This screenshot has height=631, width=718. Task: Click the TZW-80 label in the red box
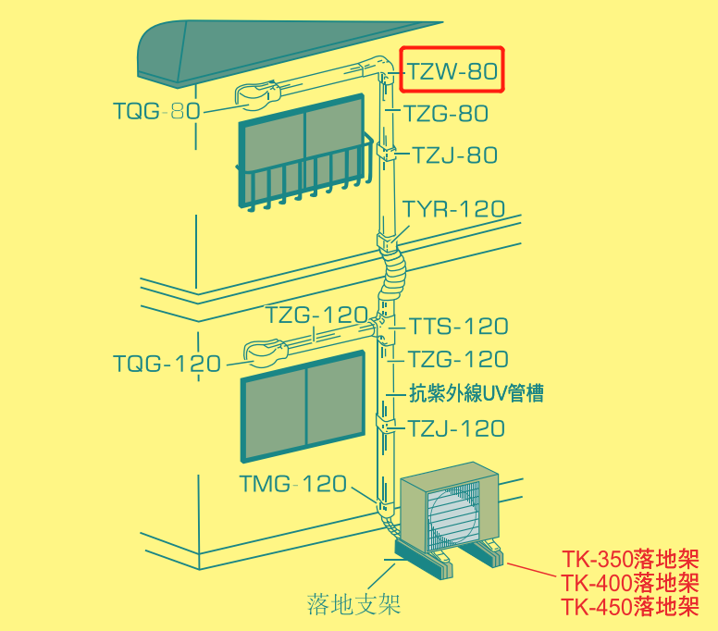pyautogui.click(x=452, y=71)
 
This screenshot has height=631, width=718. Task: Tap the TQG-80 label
pyautogui.click(x=156, y=111)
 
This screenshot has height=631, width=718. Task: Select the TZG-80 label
pyautogui.click(x=446, y=113)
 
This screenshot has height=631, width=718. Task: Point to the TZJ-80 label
pyautogui.click(x=454, y=155)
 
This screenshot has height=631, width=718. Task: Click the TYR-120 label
pyautogui.click(x=453, y=209)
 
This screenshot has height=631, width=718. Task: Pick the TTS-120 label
pyautogui.click(x=458, y=326)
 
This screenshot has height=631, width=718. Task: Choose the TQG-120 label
pyautogui.click(x=167, y=364)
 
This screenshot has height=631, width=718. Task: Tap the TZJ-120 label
pyautogui.click(x=456, y=428)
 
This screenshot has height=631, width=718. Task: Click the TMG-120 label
pyautogui.click(x=293, y=484)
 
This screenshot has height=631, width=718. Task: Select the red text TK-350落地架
pyautogui.click(x=630, y=559)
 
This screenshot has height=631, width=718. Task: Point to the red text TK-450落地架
pyautogui.click(x=630, y=606)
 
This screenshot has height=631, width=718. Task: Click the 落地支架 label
pyautogui.click(x=353, y=604)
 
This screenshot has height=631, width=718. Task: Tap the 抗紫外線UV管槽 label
pyautogui.click(x=477, y=393)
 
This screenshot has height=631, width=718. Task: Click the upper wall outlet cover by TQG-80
pyautogui.click(x=257, y=95)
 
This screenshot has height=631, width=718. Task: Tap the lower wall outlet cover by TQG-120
pyautogui.click(x=266, y=353)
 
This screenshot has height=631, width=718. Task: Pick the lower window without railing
pyautogui.click(x=303, y=406)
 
